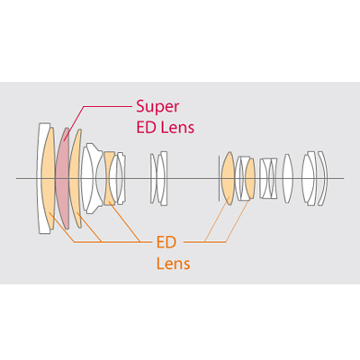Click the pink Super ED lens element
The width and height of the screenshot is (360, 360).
tap(62, 178)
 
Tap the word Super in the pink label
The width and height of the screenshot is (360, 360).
tap(157, 107)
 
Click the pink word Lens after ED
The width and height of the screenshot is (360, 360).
tap(178, 127)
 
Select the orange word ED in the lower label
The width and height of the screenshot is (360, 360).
tap(166, 242)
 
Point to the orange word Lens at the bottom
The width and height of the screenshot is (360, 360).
tap(174, 264)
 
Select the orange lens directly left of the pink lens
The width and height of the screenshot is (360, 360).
tap(48, 178)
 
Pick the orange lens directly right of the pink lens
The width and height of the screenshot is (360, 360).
tap(75, 178)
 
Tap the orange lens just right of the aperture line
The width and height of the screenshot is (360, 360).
tap(228, 178)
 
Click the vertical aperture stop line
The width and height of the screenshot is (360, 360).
tap(219, 178)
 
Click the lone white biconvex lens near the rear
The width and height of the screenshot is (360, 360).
tap(287, 178)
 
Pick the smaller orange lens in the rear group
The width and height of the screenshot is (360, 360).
tap(250, 178)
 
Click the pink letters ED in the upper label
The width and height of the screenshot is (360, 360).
tap(147, 127)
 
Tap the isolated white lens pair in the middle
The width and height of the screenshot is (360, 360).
tap(159, 178)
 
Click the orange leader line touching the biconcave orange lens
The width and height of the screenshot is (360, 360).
tap(124, 221)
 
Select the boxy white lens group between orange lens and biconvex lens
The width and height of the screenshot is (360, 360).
tap(268, 178)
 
